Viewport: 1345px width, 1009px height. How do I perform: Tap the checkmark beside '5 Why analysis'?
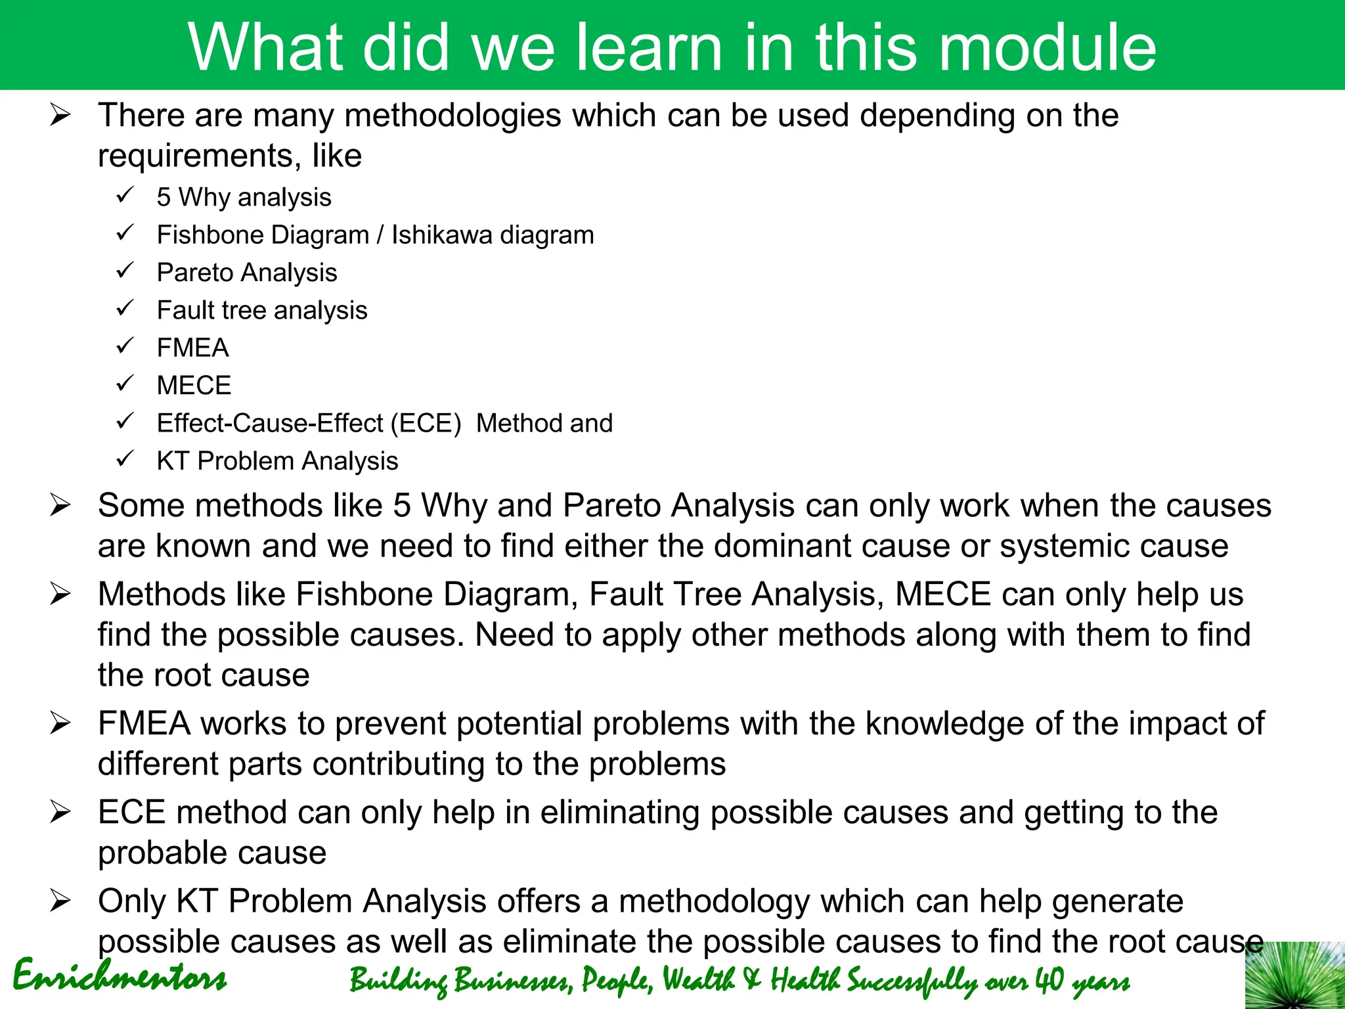point(125,195)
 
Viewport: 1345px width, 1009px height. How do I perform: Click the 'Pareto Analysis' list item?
point(247,273)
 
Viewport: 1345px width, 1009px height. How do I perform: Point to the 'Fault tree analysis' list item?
point(262,310)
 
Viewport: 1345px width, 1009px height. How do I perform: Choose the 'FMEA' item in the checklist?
point(192,348)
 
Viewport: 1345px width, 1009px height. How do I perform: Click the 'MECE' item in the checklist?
point(194,386)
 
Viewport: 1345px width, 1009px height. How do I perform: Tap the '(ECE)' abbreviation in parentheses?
point(426,424)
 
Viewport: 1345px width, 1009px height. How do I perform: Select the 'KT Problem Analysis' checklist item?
point(277,461)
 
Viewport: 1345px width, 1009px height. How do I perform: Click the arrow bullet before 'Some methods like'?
point(60,506)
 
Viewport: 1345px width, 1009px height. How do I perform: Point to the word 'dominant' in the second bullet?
point(764,547)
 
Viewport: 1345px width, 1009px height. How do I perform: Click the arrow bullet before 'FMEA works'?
point(60,725)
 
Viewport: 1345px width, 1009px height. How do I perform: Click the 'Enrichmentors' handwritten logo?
point(120,975)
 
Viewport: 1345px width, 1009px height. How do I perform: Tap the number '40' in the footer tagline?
point(1049,980)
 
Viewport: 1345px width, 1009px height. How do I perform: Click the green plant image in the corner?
point(1294,975)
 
